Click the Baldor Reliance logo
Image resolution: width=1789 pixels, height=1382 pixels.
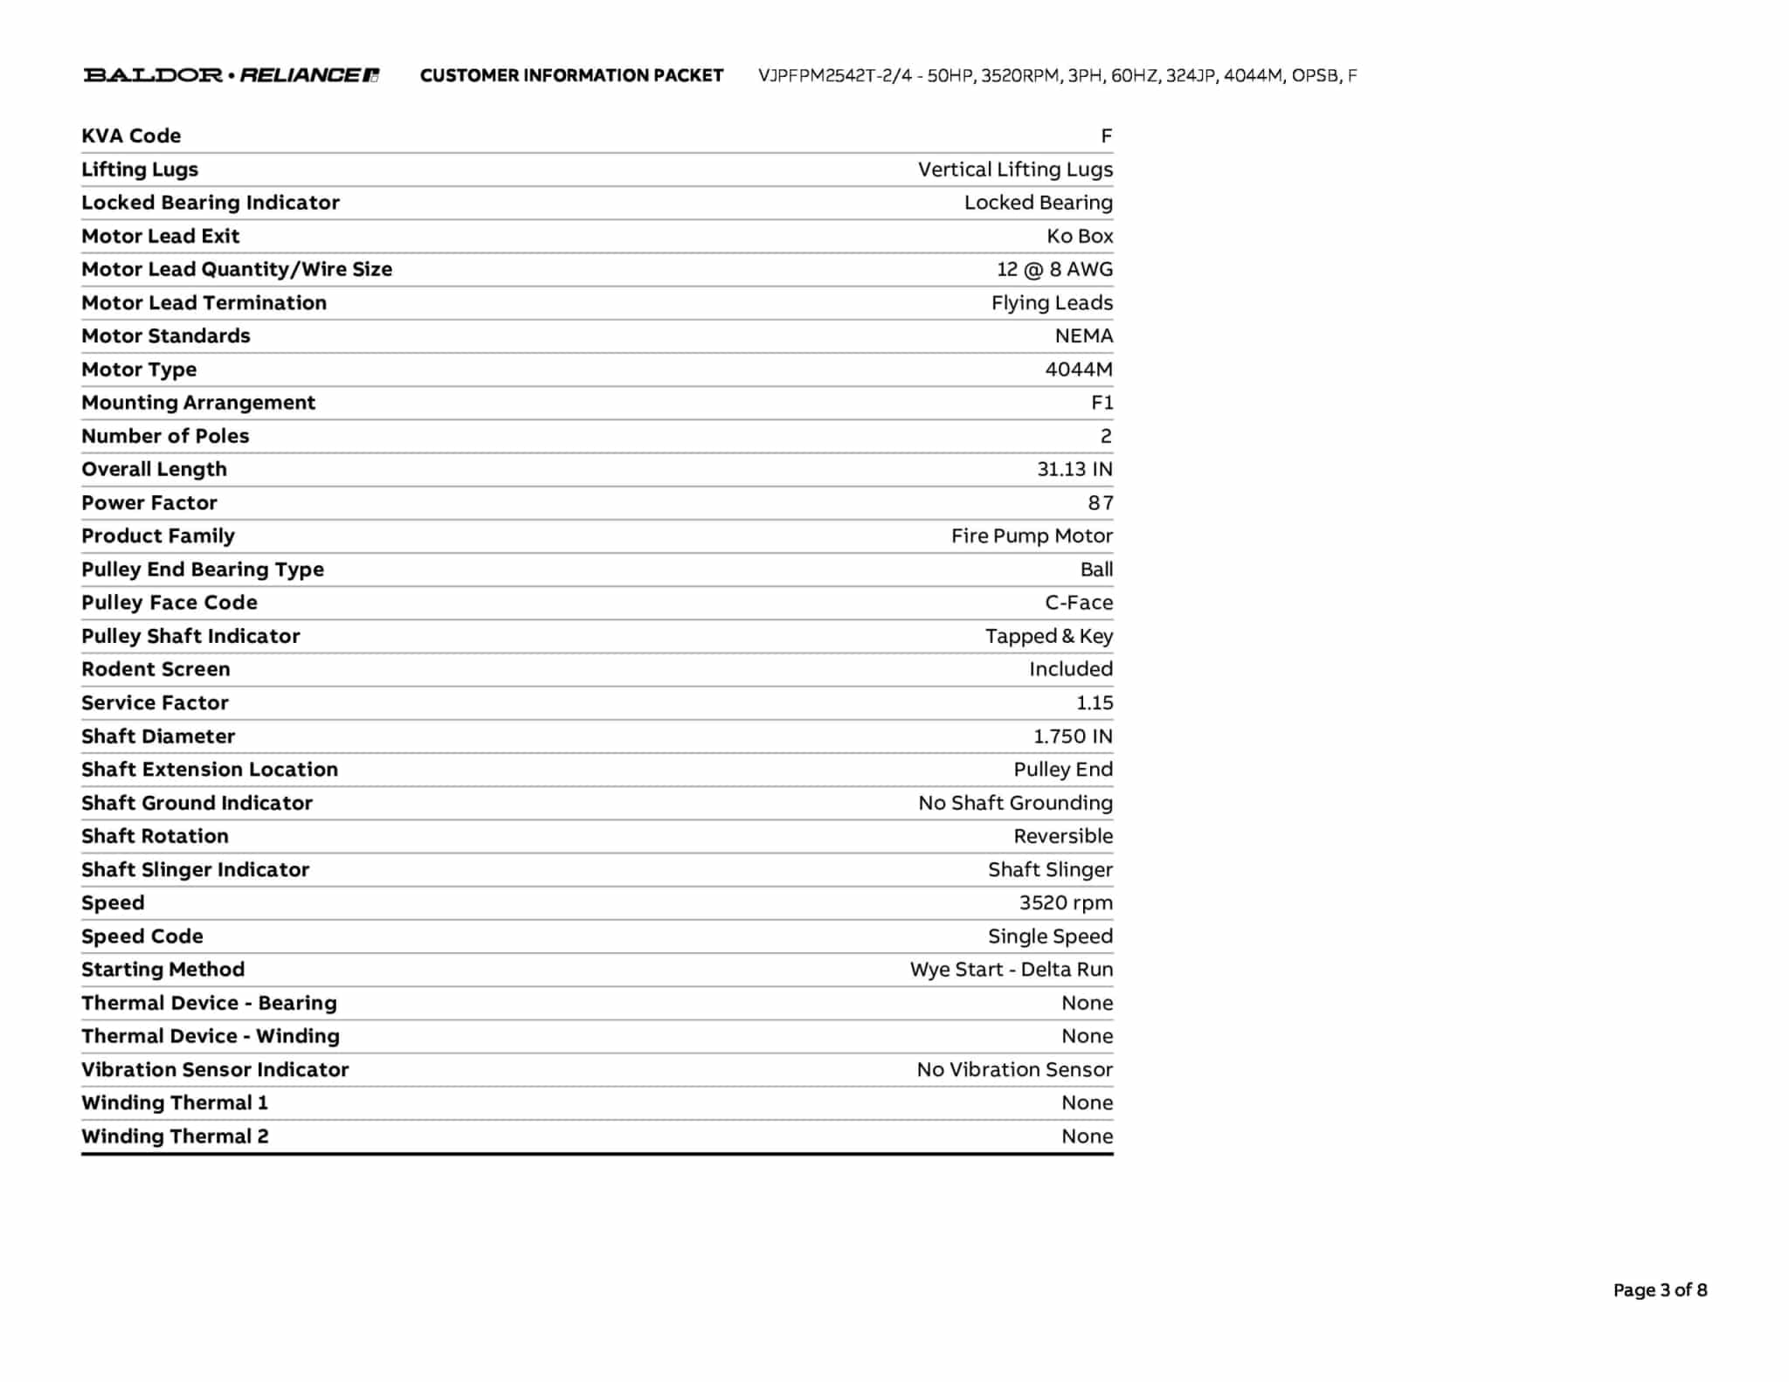click(x=231, y=75)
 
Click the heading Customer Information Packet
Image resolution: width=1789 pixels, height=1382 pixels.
click(x=571, y=76)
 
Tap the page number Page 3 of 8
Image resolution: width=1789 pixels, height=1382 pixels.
click(x=1660, y=1289)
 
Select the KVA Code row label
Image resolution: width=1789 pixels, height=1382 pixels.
click(x=131, y=136)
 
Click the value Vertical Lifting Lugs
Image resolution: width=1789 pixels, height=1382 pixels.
click(x=1015, y=169)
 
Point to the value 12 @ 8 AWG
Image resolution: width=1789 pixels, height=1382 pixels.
click(x=1054, y=269)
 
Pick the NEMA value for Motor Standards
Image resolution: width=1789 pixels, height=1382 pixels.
click(x=1083, y=336)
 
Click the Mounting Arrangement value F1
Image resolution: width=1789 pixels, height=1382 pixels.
click(x=1102, y=403)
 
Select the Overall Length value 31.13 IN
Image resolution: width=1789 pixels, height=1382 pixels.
click(x=1074, y=469)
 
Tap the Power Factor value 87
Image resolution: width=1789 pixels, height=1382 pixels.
click(x=1100, y=503)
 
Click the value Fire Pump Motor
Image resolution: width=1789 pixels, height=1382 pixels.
click(x=1032, y=536)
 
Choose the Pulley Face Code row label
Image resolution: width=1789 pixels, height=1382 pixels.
click(x=169, y=603)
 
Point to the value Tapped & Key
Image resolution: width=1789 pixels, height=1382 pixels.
click(x=1048, y=636)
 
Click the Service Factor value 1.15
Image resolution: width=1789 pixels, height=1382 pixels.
click(x=1094, y=702)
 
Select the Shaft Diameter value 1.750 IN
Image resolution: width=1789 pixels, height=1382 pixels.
click(x=1073, y=736)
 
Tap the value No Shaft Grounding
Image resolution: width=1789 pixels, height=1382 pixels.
click(x=1015, y=803)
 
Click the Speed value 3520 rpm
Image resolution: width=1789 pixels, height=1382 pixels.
click(x=1066, y=902)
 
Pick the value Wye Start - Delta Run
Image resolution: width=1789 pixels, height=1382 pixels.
click(x=1011, y=970)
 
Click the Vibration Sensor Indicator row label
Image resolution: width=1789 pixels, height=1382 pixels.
click(x=215, y=1069)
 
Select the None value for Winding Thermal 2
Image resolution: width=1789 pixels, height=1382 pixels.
click(x=1087, y=1137)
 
